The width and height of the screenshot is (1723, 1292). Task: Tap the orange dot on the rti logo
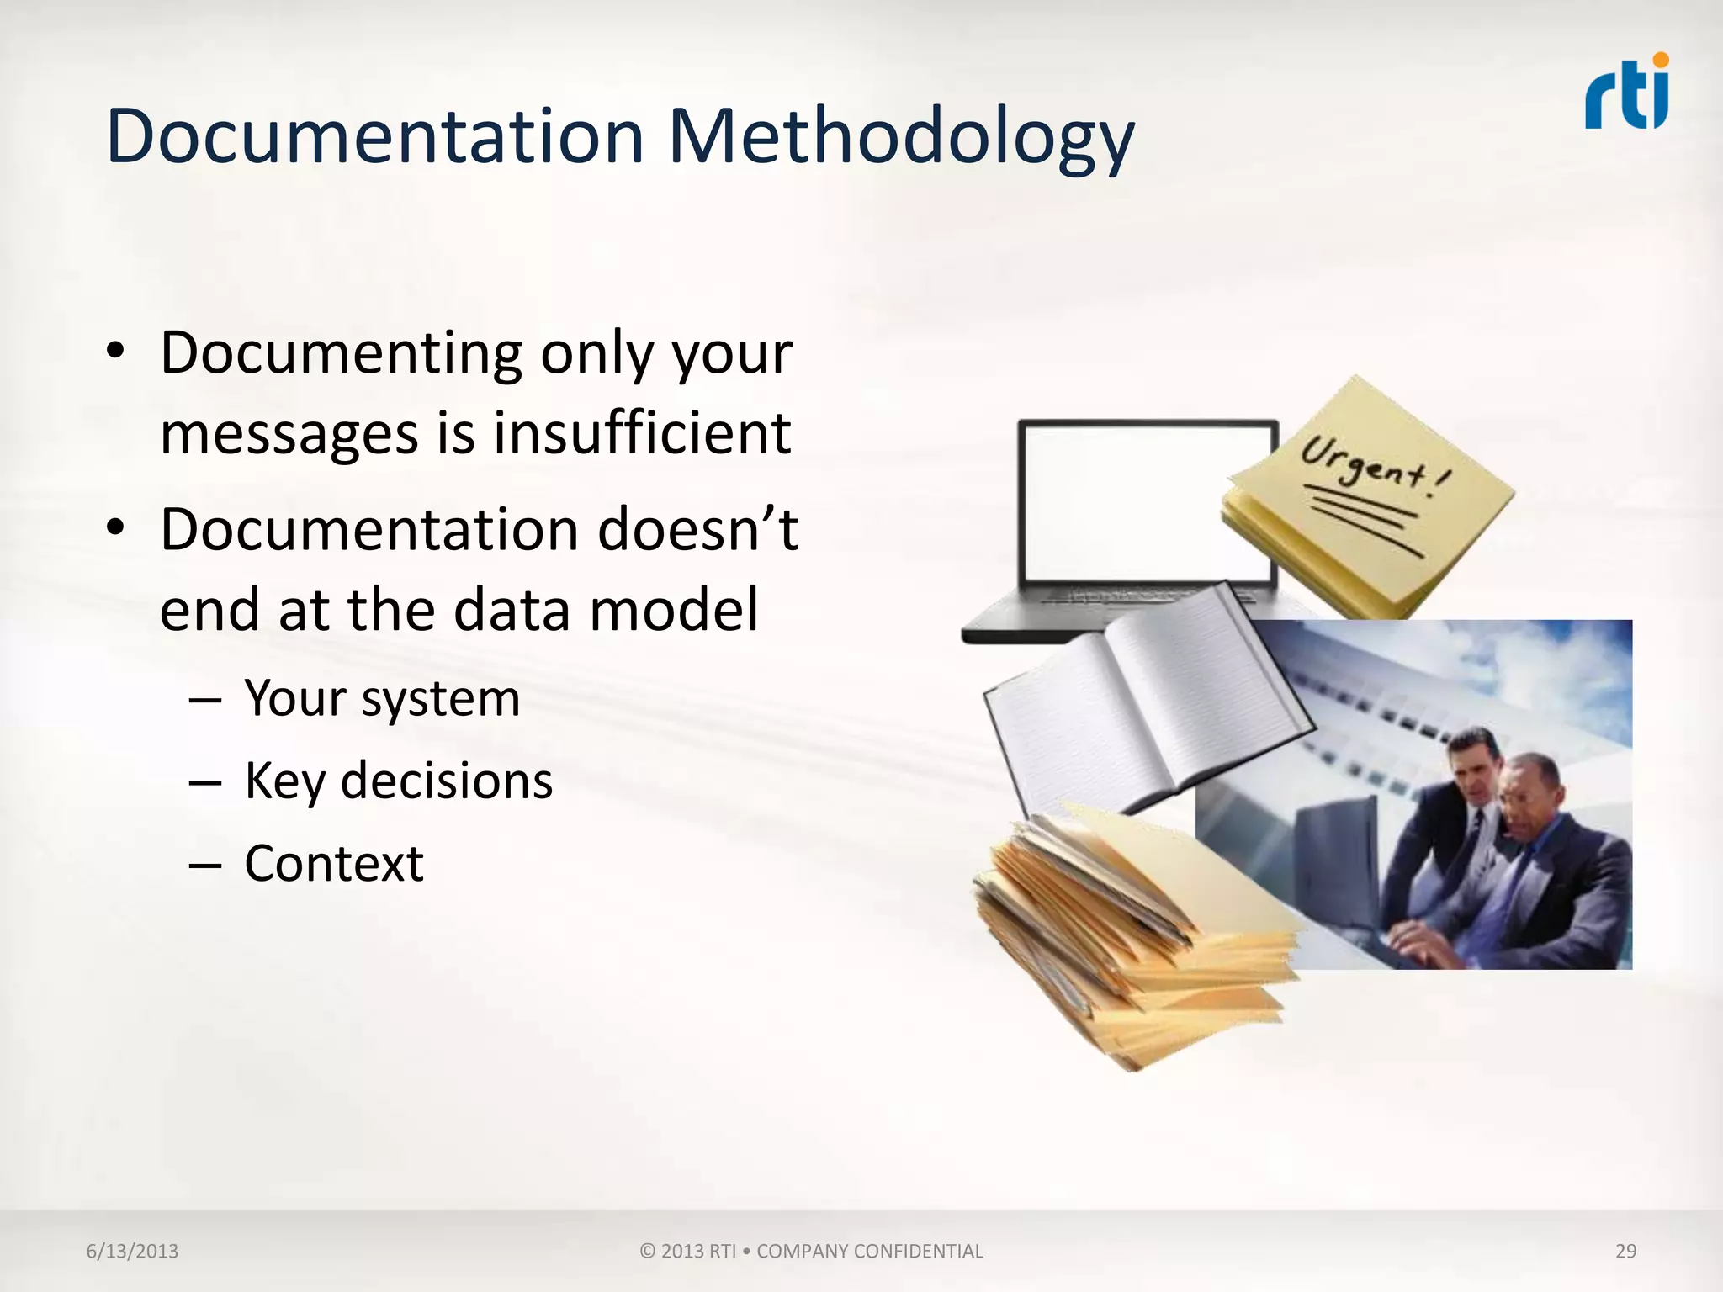click(x=1660, y=60)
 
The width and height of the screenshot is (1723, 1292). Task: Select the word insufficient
click(x=642, y=433)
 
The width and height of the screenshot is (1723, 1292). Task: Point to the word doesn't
click(x=697, y=530)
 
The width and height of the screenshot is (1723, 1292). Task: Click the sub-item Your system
click(x=382, y=698)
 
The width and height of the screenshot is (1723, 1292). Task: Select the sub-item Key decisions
click(x=398, y=781)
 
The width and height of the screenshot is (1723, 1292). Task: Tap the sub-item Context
click(x=334, y=863)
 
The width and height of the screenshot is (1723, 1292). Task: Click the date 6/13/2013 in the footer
click(x=132, y=1251)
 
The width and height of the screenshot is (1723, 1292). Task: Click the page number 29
click(x=1625, y=1251)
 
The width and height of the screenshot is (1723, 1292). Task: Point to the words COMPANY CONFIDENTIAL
click(x=869, y=1251)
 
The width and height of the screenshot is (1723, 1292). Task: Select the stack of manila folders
click(x=1127, y=934)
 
